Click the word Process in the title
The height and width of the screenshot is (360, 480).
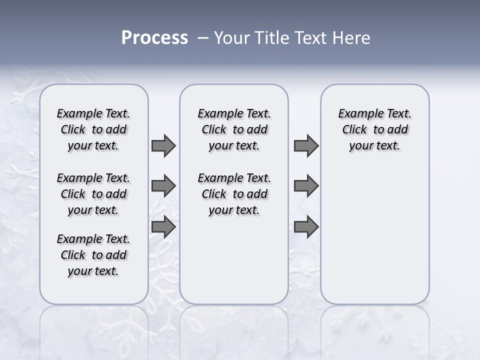tap(154, 38)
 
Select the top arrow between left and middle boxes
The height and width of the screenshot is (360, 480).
tap(163, 146)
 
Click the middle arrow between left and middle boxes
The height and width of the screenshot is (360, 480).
tap(163, 186)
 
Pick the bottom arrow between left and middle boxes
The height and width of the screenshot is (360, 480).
tap(163, 227)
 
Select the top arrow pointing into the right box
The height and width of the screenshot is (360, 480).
tap(306, 146)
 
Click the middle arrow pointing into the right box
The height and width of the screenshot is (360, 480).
tap(306, 186)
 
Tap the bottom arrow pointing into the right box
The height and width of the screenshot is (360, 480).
tap(306, 227)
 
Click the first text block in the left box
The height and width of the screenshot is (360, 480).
tap(93, 129)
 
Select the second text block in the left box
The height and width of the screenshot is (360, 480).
tap(93, 194)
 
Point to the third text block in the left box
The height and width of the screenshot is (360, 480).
tap(93, 255)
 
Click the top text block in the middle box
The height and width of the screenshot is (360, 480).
tap(234, 129)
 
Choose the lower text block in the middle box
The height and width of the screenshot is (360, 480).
tap(234, 194)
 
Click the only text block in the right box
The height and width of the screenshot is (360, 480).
tap(374, 129)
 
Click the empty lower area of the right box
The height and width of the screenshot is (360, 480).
tap(374, 240)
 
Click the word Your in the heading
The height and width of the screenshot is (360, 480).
tap(230, 38)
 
